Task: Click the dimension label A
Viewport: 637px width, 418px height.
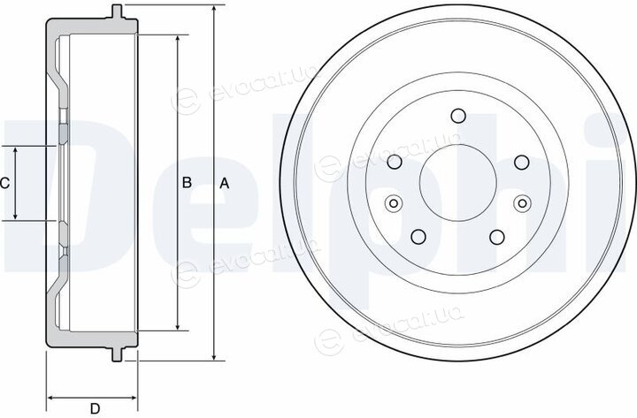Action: point(224,184)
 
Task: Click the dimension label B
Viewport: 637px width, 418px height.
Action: point(187,183)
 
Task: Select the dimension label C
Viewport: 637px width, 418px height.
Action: point(4,184)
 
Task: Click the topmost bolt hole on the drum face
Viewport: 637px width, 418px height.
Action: point(458,116)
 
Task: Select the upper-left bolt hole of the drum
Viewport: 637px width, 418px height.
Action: point(395,162)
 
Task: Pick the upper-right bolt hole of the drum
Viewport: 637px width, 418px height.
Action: point(522,162)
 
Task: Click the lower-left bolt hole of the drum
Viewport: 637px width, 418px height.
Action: point(418,237)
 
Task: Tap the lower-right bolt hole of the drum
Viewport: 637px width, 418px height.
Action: point(497,237)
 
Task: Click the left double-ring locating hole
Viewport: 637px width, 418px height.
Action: point(393,203)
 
